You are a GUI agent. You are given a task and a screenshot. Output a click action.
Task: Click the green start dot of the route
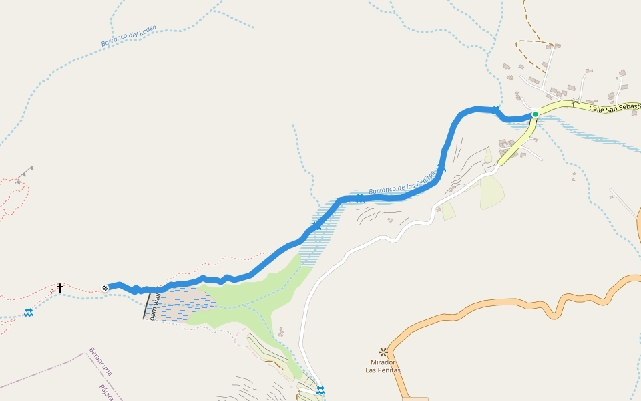pyautogui.click(x=535, y=114)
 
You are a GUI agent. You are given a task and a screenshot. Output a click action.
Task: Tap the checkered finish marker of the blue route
pyautogui.click(x=105, y=288)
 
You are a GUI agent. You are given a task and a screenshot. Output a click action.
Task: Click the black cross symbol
pyautogui.click(x=60, y=288)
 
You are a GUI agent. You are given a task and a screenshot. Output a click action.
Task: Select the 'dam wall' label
pyautogui.click(x=154, y=307)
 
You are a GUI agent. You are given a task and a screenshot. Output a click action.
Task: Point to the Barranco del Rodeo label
pyautogui.click(x=129, y=37)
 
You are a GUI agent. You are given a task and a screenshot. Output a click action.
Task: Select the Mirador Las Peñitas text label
pyautogui.click(x=383, y=366)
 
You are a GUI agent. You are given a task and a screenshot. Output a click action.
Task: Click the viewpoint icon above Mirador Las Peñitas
pyautogui.click(x=383, y=352)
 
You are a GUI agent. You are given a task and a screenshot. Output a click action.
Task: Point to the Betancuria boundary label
pyautogui.click(x=101, y=362)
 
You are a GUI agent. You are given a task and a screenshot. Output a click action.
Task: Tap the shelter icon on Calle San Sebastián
pyautogui.click(x=575, y=103)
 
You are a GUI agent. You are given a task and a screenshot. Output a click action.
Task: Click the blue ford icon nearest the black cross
pyautogui.click(x=29, y=312)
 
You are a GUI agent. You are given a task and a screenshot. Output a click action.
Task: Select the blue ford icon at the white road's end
pyautogui.click(x=320, y=390)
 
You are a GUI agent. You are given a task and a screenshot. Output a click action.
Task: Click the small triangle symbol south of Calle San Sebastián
pyautogui.click(x=573, y=179)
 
